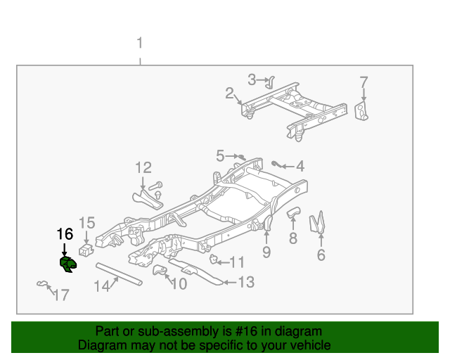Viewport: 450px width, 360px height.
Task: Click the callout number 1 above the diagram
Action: [x=139, y=44]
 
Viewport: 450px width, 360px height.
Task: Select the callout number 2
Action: [x=229, y=94]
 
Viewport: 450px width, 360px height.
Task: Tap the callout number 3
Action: [x=252, y=79]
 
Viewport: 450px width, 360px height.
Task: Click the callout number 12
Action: [x=143, y=167]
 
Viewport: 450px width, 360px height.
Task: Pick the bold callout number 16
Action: [x=64, y=233]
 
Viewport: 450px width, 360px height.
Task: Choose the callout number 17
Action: [x=61, y=295]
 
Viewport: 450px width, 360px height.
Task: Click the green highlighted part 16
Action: [x=67, y=264]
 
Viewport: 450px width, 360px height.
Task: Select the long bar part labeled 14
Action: [x=119, y=273]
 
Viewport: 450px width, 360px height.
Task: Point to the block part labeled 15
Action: [x=85, y=250]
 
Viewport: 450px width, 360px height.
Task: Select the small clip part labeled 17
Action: [x=42, y=284]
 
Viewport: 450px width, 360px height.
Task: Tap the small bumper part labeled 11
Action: [x=217, y=261]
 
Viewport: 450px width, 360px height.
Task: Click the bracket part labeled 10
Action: [x=160, y=271]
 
